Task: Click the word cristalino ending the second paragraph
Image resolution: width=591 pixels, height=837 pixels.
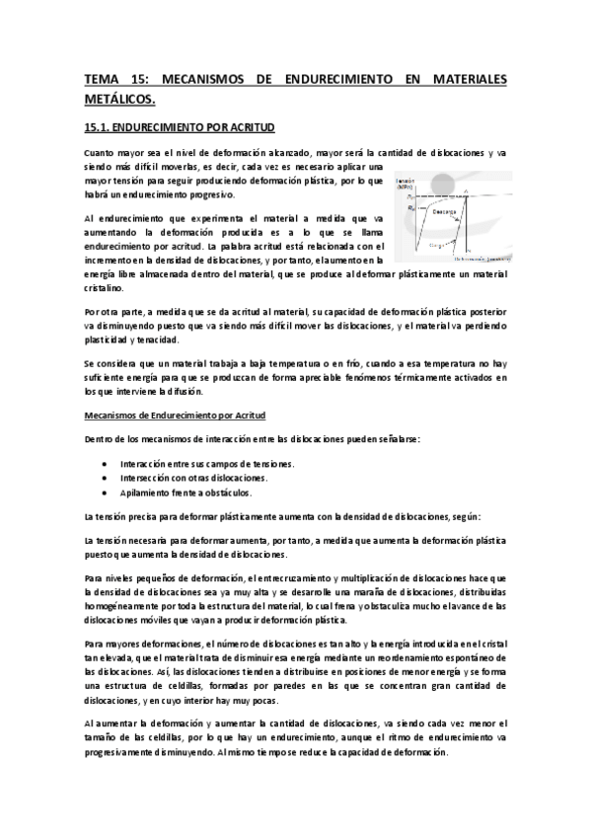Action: pos(105,288)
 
